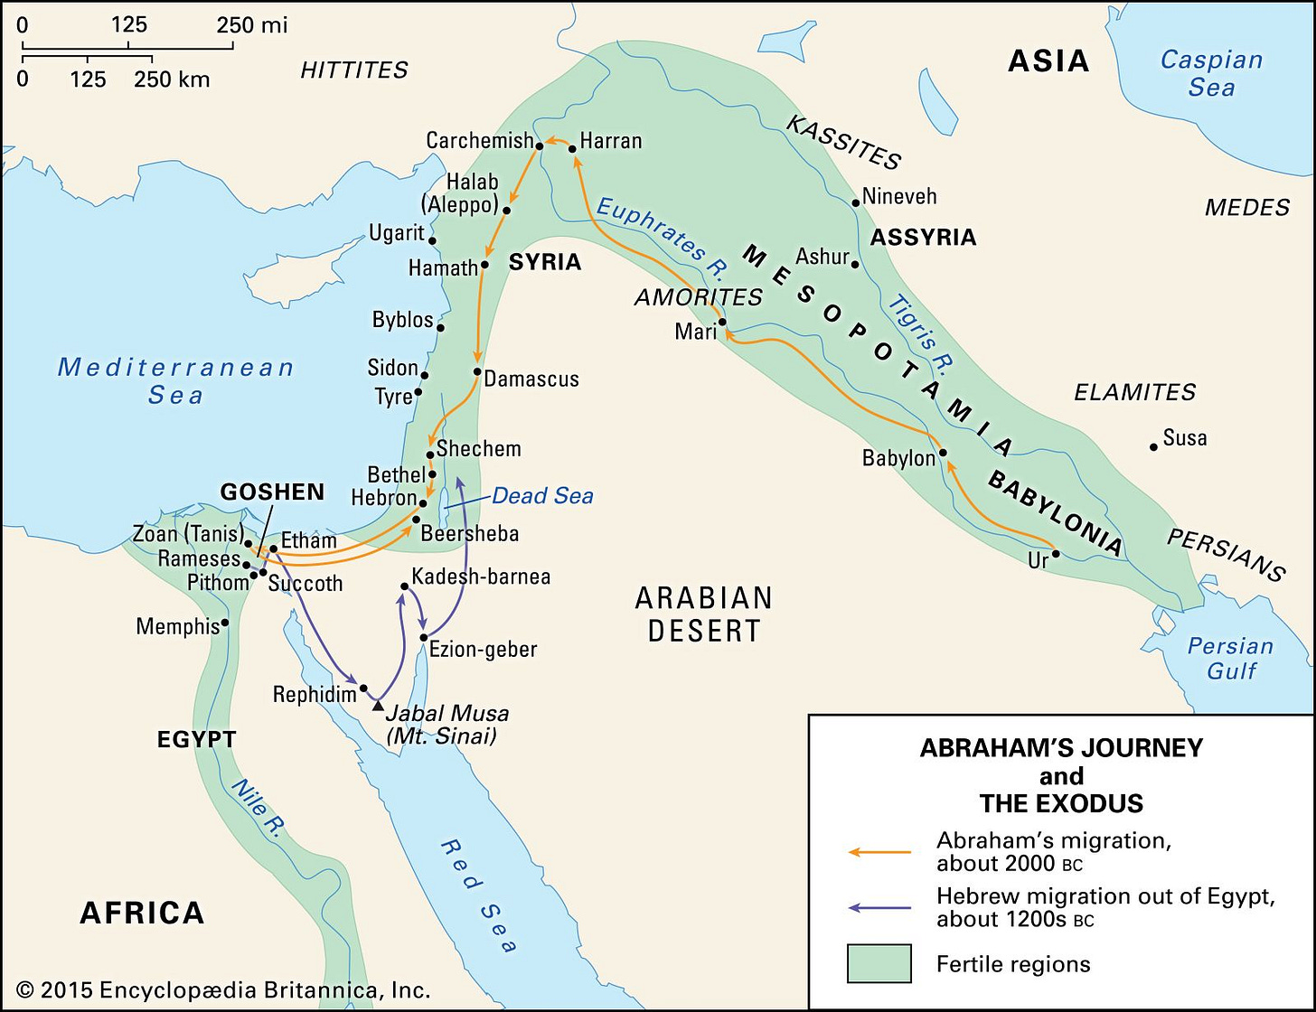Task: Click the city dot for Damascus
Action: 476,371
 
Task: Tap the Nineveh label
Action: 898,196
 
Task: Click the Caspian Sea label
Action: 1211,73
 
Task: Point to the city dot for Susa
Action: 1153,446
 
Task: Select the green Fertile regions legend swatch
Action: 879,963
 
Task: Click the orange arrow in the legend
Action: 879,851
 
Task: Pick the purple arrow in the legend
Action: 879,907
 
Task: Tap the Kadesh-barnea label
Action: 480,576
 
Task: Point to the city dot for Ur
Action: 1055,554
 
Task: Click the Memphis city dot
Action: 224,622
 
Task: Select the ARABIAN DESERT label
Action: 703,614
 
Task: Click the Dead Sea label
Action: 542,496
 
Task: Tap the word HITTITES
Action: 354,70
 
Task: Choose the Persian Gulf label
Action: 1230,658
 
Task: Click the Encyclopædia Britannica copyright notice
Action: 223,989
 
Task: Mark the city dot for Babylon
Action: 943,453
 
